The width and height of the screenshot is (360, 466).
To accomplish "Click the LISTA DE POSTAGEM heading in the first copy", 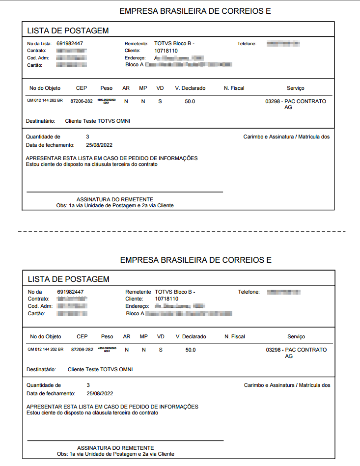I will (68, 30).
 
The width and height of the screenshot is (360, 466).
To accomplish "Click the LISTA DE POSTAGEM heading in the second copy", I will (68, 279).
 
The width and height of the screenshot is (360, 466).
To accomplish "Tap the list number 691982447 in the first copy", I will (70, 44).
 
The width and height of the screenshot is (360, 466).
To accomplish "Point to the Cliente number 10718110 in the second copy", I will (166, 299).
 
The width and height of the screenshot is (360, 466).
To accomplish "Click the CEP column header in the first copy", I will (82, 88).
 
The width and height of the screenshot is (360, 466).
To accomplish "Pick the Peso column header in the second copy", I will (107, 337).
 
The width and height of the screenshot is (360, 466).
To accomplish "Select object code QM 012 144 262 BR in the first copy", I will (45, 101).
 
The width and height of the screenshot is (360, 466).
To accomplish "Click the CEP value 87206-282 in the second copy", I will (82, 350).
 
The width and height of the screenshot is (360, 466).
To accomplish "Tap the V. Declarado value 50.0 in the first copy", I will (190, 101).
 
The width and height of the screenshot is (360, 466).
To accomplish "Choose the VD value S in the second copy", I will (161, 350).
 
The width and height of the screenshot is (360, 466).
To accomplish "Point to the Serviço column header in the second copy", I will (296, 337).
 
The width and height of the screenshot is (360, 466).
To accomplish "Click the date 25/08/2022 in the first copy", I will (99, 145).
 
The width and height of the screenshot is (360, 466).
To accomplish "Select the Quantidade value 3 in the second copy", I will (88, 385).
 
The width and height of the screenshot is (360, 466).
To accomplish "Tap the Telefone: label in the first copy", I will (247, 44).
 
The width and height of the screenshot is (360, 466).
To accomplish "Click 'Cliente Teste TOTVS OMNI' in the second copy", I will (100, 369).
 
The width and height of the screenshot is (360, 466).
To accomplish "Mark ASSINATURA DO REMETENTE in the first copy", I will (114, 199).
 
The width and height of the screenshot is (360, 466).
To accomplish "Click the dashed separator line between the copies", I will (181, 230).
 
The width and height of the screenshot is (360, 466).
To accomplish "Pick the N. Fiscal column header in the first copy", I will (234, 88).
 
